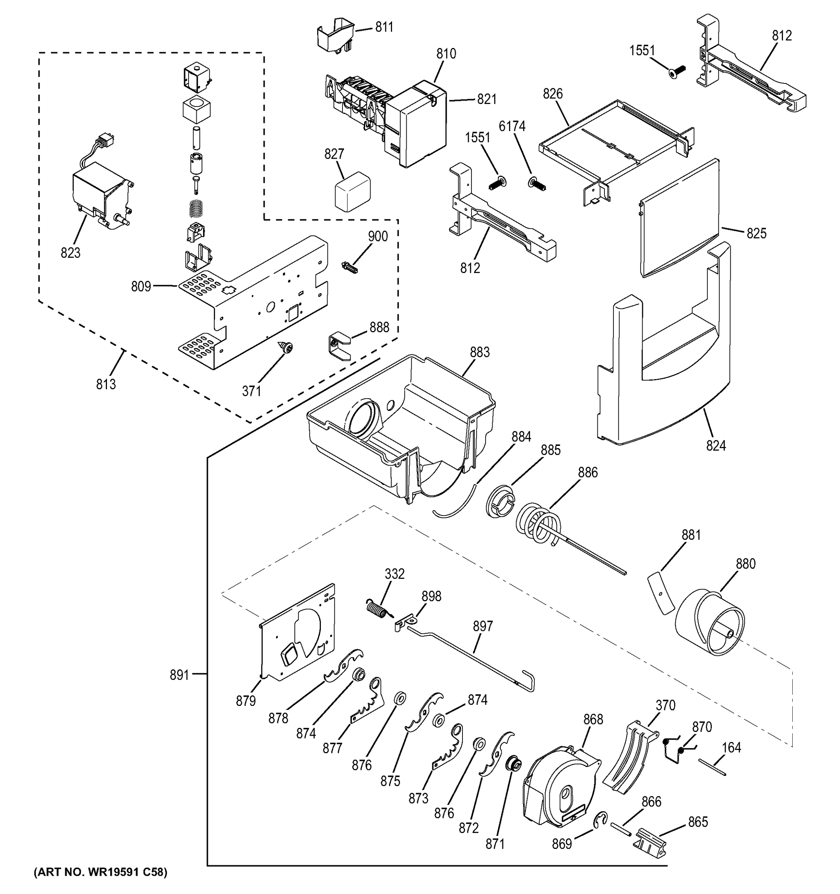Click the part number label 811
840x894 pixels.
tap(384, 28)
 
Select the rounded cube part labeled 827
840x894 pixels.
tap(352, 193)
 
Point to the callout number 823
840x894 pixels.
tap(71, 253)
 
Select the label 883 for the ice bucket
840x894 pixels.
tap(480, 352)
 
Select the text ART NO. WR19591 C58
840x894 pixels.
tap(100, 872)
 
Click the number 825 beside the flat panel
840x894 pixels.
tap(756, 234)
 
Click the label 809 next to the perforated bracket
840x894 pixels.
tap(141, 286)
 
